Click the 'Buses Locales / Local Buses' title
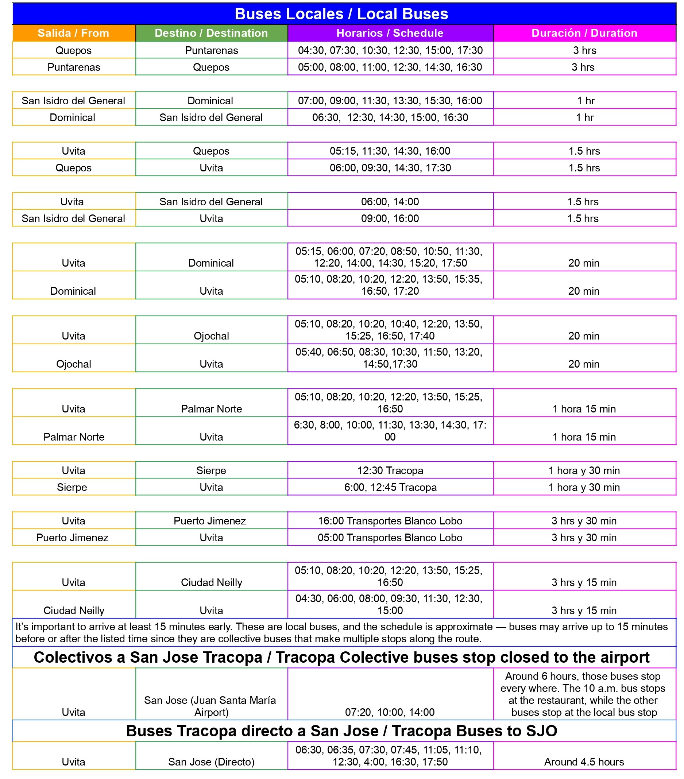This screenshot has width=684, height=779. tap(341, 14)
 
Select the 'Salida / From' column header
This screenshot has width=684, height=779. tap(74, 33)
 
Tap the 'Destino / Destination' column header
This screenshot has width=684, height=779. tap(211, 33)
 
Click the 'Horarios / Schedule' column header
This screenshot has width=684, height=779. tap(390, 33)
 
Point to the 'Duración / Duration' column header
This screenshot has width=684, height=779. tap(584, 33)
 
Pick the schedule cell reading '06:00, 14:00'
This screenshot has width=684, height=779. tap(390, 202)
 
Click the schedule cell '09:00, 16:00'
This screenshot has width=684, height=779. tap(390, 218)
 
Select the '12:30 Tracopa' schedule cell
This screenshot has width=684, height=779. tap(390, 470)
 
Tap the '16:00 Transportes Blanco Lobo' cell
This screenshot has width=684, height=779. tap(390, 520)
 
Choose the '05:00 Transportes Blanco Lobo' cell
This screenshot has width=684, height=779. tap(390, 537)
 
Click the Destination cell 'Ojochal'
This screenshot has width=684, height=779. tap(211, 336)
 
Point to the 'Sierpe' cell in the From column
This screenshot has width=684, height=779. tap(72, 487)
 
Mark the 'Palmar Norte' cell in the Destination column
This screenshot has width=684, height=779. tap(211, 408)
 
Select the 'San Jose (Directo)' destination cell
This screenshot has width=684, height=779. tap(211, 761)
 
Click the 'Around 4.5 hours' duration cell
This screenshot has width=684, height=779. tap(584, 761)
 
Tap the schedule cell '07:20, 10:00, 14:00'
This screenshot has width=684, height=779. tap(390, 712)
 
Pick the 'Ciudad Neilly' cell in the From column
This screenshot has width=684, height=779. tap(74, 610)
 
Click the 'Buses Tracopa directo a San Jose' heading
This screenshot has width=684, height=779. tap(341, 730)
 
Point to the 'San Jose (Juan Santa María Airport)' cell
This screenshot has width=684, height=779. tap(210, 706)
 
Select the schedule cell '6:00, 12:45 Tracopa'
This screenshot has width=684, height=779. tap(390, 487)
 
